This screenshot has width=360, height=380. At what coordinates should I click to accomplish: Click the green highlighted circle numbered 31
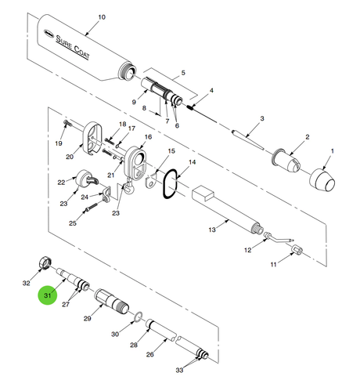pyautogui.click(x=47, y=295)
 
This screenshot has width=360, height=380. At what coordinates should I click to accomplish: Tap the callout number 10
pyautogui.click(x=102, y=17)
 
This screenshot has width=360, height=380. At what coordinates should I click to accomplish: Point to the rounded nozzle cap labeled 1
pyautogui.click(x=322, y=179)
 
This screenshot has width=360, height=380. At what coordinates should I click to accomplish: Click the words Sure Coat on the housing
pyautogui.click(x=73, y=47)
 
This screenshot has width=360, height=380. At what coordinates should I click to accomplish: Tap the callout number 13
pyautogui.click(x=212, y=230)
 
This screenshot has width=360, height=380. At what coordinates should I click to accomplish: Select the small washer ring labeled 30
pyautogui.click(x=138, y=317)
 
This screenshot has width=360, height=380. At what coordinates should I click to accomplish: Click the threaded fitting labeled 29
pyautogui.click(x=112, y=301)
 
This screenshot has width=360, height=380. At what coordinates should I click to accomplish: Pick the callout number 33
pyautogui.click(x=179, y=370)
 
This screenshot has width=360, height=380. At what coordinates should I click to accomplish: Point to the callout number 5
pyautogui.click(x=183, y=73)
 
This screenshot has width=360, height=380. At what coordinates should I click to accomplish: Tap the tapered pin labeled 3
pyautogui.click(x=248, y=139)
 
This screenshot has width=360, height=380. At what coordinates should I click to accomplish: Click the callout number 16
pyautogui.click(x=148, y=136)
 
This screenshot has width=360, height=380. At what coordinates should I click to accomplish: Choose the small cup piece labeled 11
pyautogui.click(x=297, y=249)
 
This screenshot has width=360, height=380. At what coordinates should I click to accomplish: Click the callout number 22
pyautogui.click(x=61, y=183)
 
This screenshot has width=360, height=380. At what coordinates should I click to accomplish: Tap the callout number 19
pyautogui.click(x=59, y=143)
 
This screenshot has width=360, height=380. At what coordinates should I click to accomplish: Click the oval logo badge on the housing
pyautogui.click(x=49, y=33)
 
